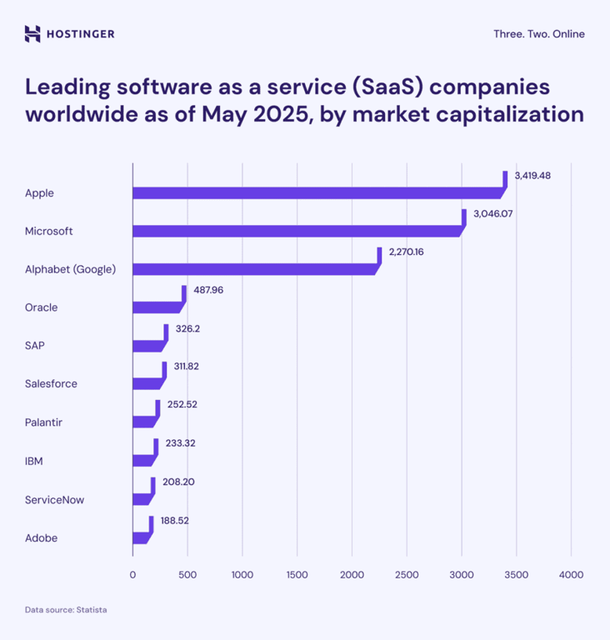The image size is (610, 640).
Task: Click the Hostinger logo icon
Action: tap(32, 34)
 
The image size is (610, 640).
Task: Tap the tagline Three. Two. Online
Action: tap(538, 34)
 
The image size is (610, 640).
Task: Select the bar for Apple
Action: tap(317, 193)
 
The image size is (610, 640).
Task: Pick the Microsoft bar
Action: tap(296, 231)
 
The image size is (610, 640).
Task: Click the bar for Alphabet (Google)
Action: tap(254, 269)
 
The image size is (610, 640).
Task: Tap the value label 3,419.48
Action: tap(533, 175)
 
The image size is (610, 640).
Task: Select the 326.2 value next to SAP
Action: tap(187, 328)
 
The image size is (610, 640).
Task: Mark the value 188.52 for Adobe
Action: tap(175, 520)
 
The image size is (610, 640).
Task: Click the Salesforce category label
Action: tap(51, 384)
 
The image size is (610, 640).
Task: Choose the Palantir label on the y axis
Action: tap(43, 422)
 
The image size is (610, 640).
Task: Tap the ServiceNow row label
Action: tap(54, 500)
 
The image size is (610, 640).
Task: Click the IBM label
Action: tap(34, 461)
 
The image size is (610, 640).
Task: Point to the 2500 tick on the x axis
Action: tap(407, 575)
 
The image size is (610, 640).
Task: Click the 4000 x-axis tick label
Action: tap(571, 575)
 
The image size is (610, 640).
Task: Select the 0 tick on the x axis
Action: tap(132, 575)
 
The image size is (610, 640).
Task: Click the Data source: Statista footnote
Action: tap(66, 610)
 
